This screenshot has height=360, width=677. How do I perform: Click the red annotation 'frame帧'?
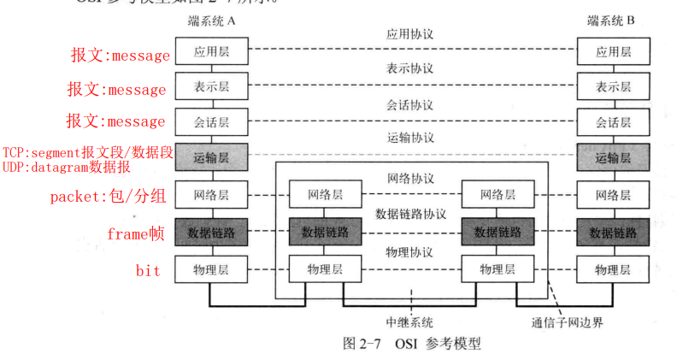click(136, 233)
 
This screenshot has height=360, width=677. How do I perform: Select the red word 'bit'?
click(148, 271)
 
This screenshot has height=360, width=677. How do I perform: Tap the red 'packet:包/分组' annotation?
click(107, 196)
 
